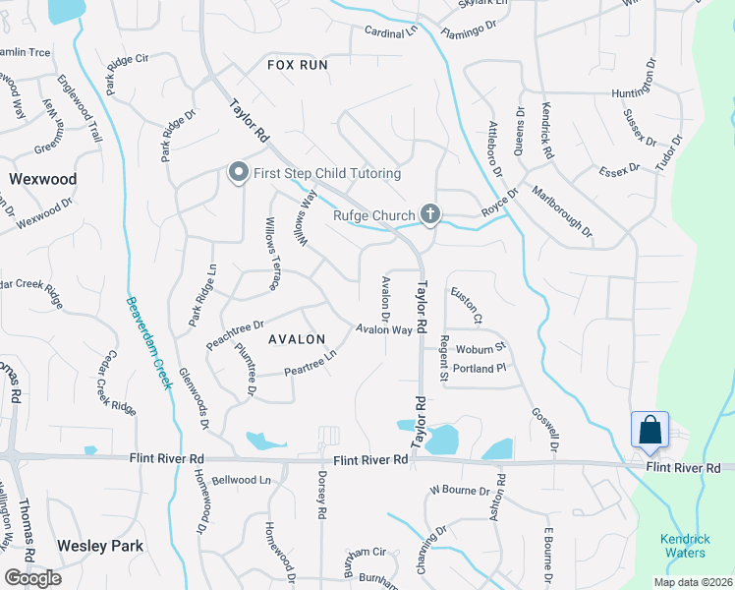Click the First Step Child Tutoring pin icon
pos(238,173)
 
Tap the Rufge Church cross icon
pos(429,213)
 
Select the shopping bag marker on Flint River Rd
pos(650,431)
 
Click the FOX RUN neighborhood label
pos(297,65)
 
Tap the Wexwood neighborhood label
pos(42,179)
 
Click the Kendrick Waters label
pos(684,545)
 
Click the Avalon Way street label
pos(383,330)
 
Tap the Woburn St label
pos(479,347)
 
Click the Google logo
pos(32,578)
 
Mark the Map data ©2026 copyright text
pos(695,582)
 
